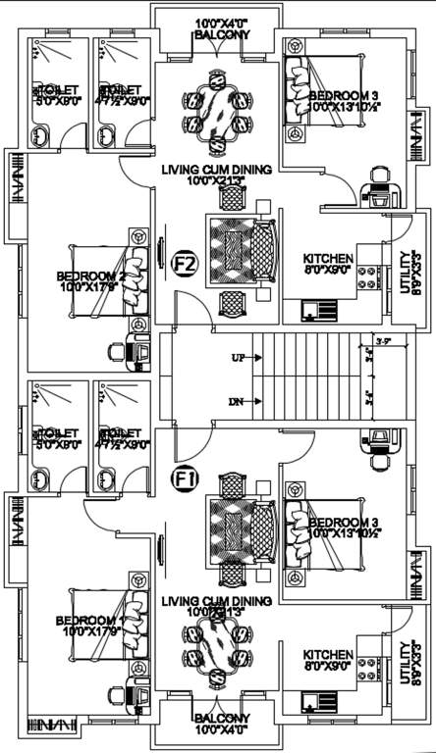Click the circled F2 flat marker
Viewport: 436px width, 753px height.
coord(184,264)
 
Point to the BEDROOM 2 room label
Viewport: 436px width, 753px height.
coord(89,276)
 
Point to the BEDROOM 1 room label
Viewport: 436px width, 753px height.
coord(89,620)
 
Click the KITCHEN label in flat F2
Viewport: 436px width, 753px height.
coord(328,259)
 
